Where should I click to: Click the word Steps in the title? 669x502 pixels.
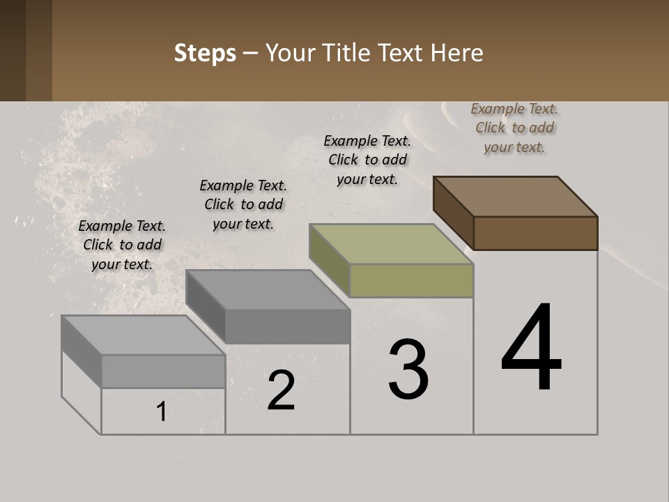(x=205, y=53)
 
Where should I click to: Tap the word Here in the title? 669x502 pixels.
(x=457, y=53)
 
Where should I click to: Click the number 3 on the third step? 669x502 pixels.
(x=408, y=369)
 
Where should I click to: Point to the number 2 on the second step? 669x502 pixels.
(x=281, y=390)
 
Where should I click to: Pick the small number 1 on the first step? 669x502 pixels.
(x=161, y=412)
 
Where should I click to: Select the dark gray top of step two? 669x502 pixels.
(x=268, y=289)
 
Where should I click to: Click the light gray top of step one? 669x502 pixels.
(x=143, y=335)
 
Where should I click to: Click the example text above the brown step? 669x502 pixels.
(x=514, y=128)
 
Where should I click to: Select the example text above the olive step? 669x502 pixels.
(x=367, y=160)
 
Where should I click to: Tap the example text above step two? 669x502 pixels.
(x=243, y=204)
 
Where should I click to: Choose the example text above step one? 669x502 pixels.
(x=122, y=245)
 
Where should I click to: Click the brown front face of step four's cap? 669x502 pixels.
(x=535, y=233)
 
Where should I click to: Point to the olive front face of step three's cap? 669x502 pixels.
(x=411, y=280)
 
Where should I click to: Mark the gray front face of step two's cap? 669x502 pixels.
(x=287, y=326)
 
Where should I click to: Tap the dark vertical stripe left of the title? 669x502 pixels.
(x=39, y=50)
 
